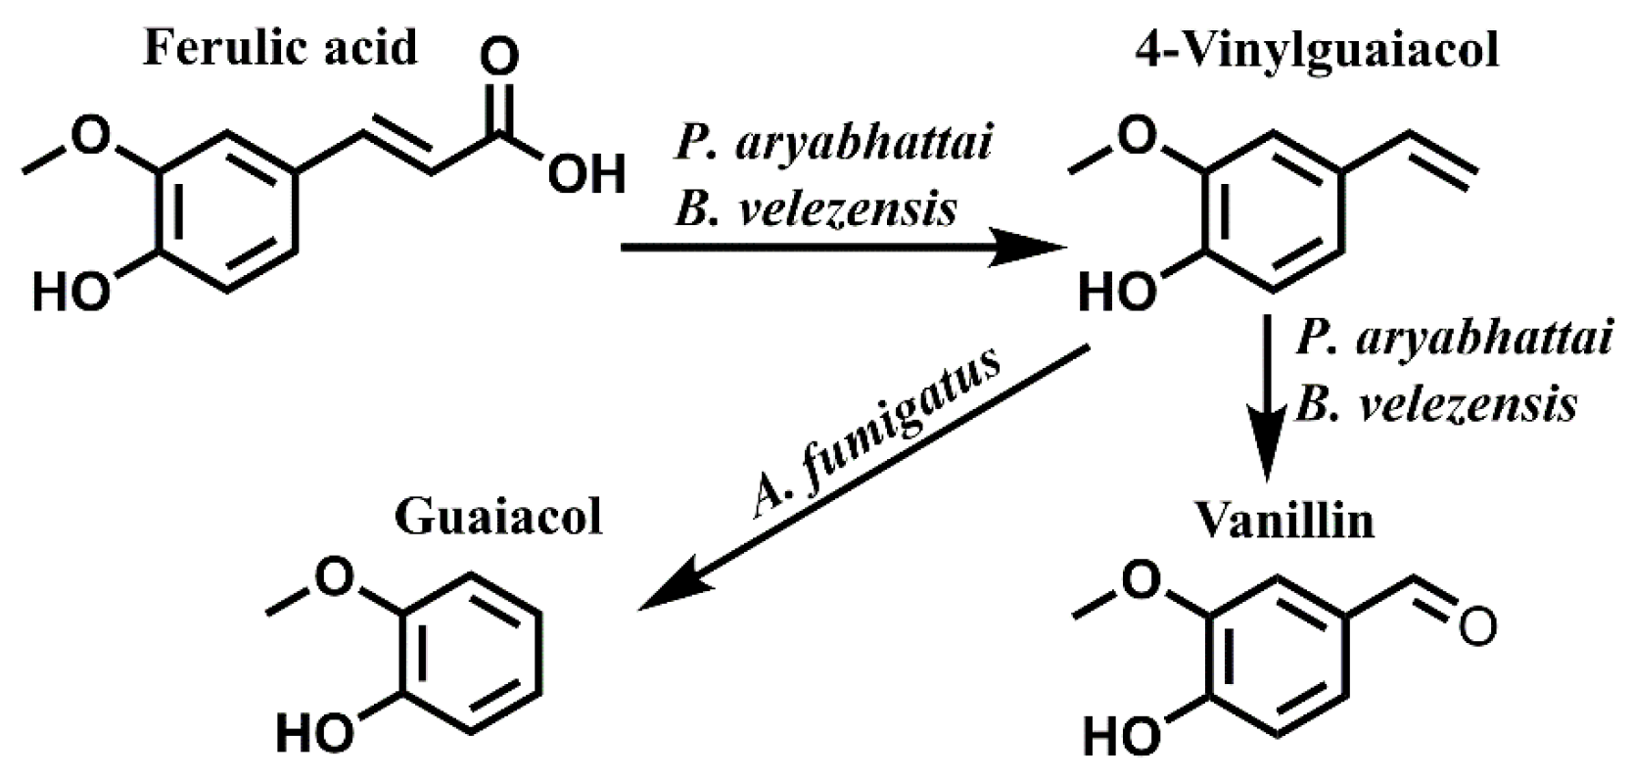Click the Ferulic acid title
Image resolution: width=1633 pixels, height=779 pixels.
coord(281,47)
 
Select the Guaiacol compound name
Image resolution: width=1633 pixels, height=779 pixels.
coord(498,517)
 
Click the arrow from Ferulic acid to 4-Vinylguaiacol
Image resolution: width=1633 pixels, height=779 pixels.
coord(842,249)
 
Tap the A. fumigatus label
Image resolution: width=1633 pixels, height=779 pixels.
coord(876,432)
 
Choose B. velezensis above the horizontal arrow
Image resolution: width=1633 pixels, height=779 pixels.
coord(816,207)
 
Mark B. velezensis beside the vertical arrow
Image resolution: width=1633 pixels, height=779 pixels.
coord(1436,403)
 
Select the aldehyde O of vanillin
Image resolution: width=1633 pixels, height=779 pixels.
coord(1476,625)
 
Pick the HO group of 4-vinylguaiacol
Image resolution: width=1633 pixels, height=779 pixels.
coord(1116,293)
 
